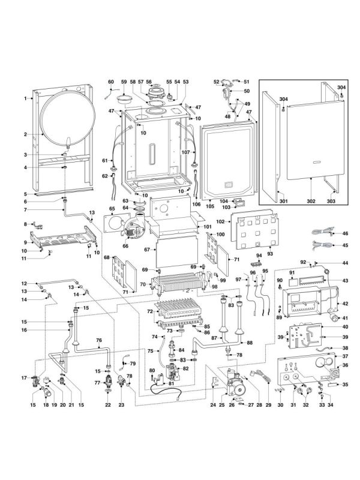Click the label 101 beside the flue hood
coord(208,227)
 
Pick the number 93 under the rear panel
coord(270,253)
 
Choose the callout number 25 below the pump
coord(221,405)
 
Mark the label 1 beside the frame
coord(26,98)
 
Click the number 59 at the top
coord(124,82)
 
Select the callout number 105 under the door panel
coord(209,206)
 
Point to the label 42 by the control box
coord(346,304)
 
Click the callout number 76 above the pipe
coord(99,340)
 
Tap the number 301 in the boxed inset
coord(284,201)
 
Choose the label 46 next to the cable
coord(346,233)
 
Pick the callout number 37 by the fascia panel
coord(346,356)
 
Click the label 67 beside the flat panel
coord(147,250)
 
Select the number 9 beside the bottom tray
coord(26,242)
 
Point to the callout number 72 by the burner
coord(149,311)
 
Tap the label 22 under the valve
coord(108,405)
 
